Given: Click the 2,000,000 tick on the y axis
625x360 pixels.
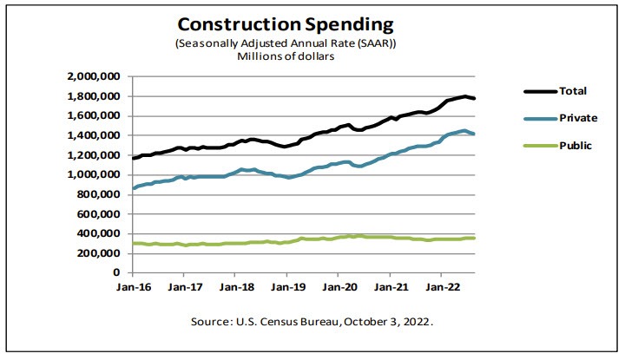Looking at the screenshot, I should [94, 76].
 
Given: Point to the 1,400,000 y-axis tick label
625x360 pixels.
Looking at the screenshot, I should [94, 135].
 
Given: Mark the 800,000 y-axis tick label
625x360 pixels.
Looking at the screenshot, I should [97, 194].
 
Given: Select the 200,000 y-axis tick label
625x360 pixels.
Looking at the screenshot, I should [97, 252].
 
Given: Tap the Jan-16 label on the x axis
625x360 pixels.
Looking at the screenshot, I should [132, 286].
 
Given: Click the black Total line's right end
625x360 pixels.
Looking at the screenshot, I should [475, 98].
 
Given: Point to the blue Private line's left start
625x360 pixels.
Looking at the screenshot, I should [133, 188].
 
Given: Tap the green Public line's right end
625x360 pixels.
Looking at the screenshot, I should [475, 237].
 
